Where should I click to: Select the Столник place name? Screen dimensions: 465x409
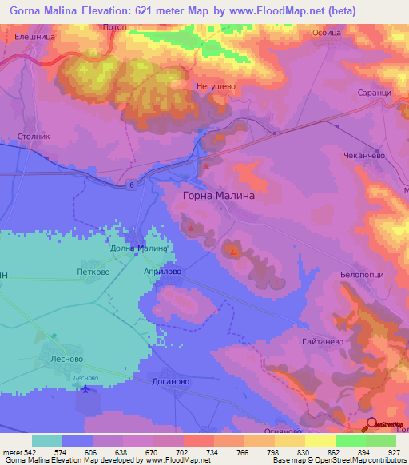[x=34, y=137]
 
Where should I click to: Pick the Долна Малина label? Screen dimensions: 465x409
[x=138, y=248]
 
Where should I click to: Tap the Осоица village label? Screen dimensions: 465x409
[x=327, y=33]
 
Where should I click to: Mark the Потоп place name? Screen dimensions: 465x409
[x=116, y=28]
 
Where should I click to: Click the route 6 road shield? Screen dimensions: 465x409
[x=129, y=185]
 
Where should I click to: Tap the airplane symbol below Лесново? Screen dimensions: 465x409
[x=85, y=388]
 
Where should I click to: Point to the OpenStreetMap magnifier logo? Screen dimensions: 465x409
[x=371, y=424]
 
